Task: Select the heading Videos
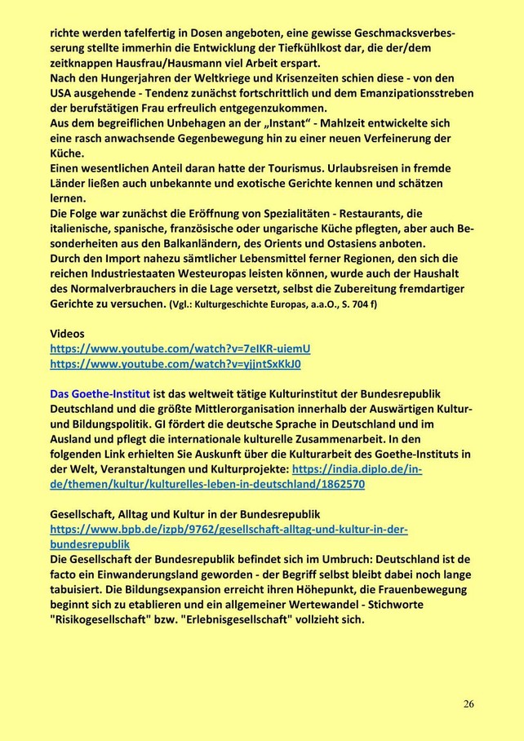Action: click(68, 334)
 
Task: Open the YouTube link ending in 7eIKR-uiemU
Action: click(180, 348)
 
